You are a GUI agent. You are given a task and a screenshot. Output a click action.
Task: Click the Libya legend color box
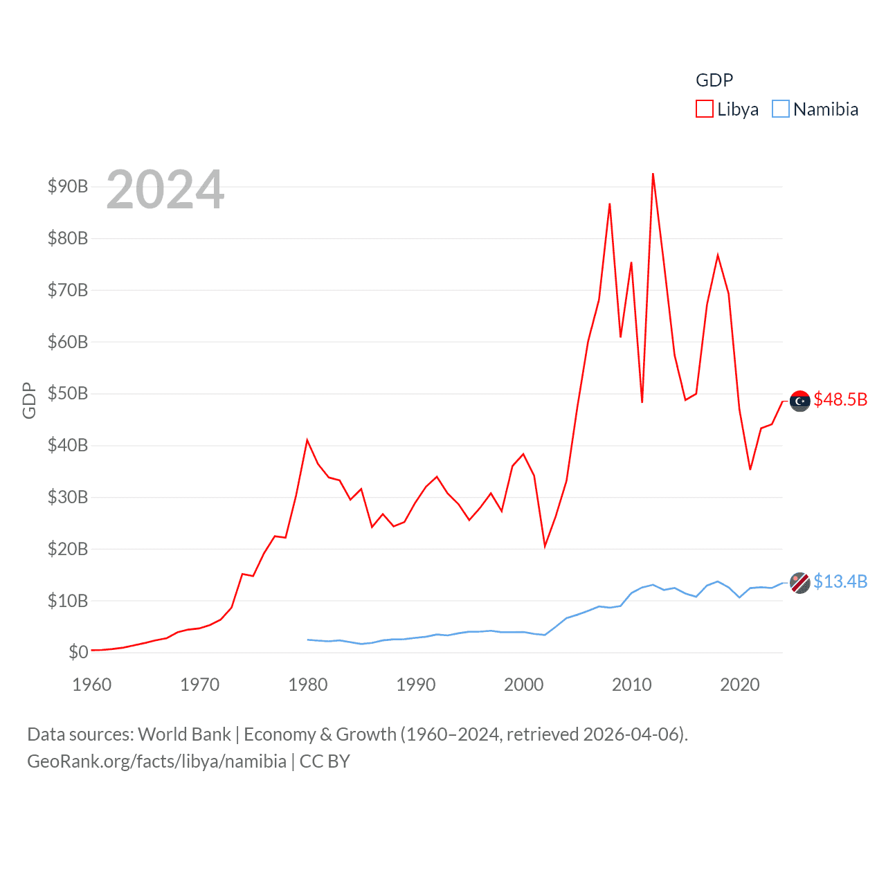[x=705, y=109]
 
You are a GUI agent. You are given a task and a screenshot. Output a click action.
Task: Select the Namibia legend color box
[x=781, y=109]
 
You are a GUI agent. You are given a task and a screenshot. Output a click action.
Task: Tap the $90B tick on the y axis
[x=68, y=186]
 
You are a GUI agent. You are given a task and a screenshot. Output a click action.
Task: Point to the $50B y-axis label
[x=68, y=393]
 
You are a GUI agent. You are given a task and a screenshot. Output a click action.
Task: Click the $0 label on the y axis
[x=78, y=652]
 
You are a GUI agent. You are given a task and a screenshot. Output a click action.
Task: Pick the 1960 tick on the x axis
[x=92, y=685]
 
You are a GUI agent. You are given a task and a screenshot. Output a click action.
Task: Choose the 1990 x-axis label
[x=416, y=685]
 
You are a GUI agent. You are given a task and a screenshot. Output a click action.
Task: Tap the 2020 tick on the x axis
[x=740, y=685]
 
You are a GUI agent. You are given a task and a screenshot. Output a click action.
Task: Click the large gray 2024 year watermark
[x=165, y=190]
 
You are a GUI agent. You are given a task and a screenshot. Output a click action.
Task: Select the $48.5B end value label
[x=840, y=399]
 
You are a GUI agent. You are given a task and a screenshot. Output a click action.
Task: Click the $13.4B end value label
[x=840, y=581]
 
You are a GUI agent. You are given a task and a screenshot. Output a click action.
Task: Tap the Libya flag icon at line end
[x=800, y=401]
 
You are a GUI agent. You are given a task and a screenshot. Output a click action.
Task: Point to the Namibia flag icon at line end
[x=800, y=583]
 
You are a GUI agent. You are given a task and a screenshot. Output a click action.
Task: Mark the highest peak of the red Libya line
[x=653, y=174]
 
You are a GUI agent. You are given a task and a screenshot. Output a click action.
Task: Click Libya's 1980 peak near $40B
[x=307, y=440]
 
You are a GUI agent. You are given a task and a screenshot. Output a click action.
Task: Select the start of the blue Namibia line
[x=308, y=640]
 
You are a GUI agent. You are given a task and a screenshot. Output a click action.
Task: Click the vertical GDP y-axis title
[x=29, y=400]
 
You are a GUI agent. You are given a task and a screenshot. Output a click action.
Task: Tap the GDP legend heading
[x=714, y=80]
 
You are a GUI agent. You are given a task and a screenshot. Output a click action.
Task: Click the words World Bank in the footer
[x=185, y=734]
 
